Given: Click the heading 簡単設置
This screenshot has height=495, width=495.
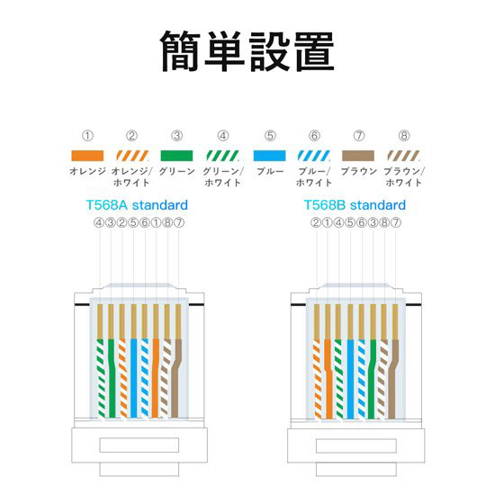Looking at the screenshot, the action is click(x=247, y=50).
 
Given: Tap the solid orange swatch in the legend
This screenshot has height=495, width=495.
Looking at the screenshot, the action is click(x=87, y=156).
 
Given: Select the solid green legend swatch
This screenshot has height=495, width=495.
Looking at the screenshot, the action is click(x=176, y=156).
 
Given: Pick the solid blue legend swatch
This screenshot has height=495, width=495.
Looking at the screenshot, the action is click(x=270, y=156).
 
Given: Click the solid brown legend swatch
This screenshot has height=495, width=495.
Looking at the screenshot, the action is click(x=358, y=156).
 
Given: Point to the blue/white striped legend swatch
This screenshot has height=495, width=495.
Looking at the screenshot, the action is click(x=314, y=156).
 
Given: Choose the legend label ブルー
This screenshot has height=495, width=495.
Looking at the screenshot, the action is click(x=270, y=171).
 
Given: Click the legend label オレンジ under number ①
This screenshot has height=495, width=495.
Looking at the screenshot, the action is click(x=87, y=171).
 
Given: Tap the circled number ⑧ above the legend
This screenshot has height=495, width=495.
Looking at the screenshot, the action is click(x=404, y=136).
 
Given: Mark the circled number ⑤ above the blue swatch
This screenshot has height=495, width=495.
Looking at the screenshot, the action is click(x=270, y=136).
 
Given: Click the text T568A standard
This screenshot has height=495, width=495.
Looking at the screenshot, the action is click(x=137, y=205).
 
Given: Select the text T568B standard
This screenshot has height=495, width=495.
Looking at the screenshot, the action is click(x=355, y=205).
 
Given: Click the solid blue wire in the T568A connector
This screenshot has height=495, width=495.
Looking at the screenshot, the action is click(x=133, y=378).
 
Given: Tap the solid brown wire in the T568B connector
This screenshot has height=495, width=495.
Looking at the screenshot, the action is click(x=392, y=379).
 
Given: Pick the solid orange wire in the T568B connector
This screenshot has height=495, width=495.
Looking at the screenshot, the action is click(x=328, y=379).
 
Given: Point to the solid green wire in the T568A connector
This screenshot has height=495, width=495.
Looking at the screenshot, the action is click(x=112, y=378).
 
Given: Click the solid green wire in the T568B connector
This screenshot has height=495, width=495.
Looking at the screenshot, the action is click(x=372, y=379).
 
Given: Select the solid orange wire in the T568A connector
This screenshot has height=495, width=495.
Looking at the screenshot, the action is click(x=156, y=378).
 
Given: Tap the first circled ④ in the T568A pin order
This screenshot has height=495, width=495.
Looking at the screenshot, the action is click(x=99, y=223).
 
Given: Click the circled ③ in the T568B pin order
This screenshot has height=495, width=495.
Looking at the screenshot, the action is click(x=373, y=223).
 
